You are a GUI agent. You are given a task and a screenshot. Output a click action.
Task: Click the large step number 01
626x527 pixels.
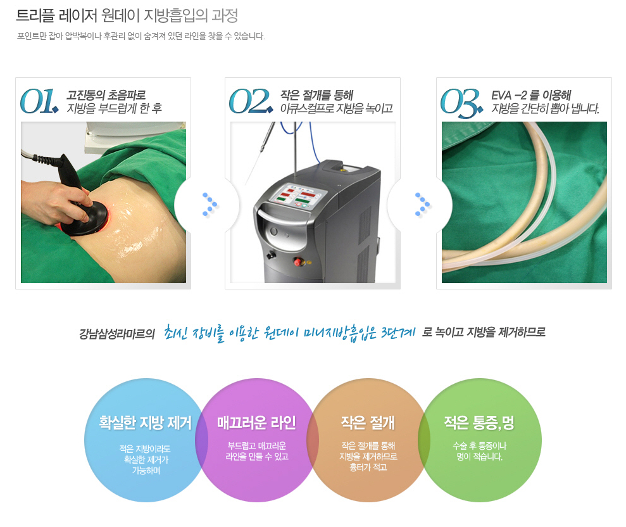(x=39, y=101)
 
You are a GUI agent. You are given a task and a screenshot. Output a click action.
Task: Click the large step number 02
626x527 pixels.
(x=251, y=101)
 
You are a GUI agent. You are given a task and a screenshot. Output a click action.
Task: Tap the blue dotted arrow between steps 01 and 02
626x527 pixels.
(x=210, y=204)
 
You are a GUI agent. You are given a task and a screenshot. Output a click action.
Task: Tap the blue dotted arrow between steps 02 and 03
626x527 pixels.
(x=422, y=204)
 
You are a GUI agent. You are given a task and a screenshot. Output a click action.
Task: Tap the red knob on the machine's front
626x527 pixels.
(x=298, y=262)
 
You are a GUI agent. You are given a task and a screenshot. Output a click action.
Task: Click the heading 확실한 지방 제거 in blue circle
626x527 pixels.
(x=146, y=422)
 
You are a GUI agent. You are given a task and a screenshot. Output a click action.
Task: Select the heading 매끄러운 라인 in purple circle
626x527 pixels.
(x=256, y=422)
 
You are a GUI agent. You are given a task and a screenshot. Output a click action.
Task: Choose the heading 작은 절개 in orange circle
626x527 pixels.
(x=368, y=422)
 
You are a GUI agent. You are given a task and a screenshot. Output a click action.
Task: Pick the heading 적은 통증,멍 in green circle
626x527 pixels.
(x=479, y=422)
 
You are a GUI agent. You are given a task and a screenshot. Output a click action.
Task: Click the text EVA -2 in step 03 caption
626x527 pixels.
(x=509, y=96)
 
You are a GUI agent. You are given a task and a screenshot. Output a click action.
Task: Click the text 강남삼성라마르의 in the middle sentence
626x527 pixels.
(x=116, y=333)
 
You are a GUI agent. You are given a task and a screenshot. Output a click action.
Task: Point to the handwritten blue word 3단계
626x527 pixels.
(x=398, y=333)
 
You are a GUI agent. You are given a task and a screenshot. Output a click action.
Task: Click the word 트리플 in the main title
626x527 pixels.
(x=35, y=16)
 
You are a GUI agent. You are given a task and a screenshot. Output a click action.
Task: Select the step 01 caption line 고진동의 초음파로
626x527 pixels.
(x=106, y=95)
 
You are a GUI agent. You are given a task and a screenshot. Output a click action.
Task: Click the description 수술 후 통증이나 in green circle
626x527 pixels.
(x=480, y=445)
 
